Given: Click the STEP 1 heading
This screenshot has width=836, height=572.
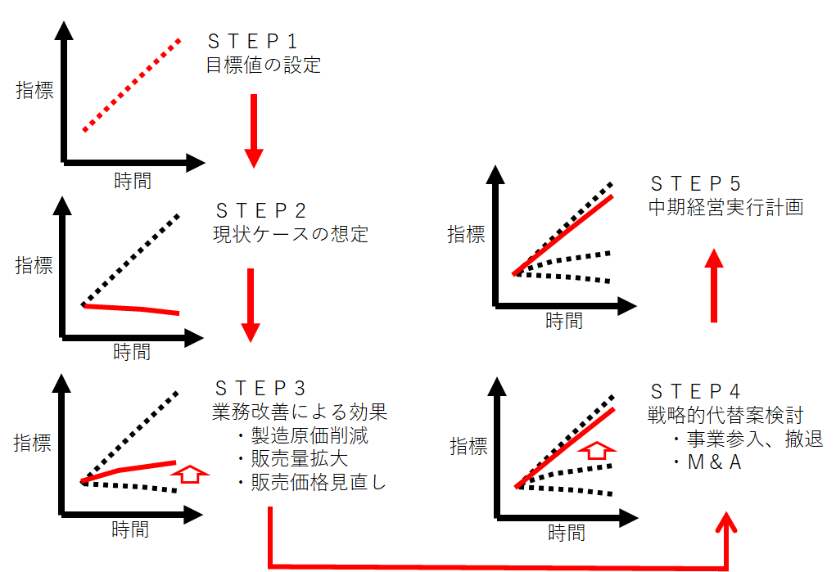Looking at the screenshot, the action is (x=252, y=41).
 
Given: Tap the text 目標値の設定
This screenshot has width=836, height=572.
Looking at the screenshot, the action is (x=264, y=65).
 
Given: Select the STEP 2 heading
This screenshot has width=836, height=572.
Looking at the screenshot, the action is (x=260, y=210).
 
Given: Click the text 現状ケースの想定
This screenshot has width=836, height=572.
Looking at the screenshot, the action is (x=291, y=234).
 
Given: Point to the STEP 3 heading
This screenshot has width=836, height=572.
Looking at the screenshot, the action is (x=260, y=388).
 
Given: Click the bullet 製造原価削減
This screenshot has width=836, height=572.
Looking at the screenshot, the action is (x=302, y=435).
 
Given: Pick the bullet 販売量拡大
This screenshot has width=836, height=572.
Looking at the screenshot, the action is (x=292, y=459).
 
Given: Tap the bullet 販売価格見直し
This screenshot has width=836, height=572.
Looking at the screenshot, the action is (x=312, y=483).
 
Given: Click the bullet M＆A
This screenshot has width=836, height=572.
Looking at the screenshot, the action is (x=707, y=462).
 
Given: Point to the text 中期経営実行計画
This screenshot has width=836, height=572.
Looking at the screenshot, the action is (x=726, y=207).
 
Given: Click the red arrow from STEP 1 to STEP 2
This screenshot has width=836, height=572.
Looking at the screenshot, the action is (x=254, y=131).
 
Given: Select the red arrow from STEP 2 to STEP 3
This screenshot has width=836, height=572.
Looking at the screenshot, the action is (x=251, y=305).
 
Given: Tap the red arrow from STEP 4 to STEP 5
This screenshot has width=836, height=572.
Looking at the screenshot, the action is (x=714, y=286).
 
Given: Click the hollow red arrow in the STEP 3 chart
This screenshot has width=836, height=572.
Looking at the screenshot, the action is (x=190, y=474).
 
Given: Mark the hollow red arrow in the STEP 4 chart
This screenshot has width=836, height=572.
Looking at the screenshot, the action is (x=597, y=450).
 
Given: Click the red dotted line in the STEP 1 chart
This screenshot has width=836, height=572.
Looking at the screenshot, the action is (x=132, y=85).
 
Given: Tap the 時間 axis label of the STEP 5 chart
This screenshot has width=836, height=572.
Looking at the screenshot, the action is (x=564, y=321).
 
